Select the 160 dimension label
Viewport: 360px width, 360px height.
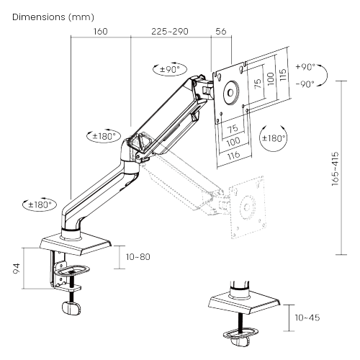point(100,32)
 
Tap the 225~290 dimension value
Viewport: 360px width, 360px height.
point(170,32)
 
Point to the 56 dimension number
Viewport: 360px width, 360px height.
point(220,32)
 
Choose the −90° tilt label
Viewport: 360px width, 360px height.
point(305,84)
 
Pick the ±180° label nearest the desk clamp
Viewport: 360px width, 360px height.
point(40,204)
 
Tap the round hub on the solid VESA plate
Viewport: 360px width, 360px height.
point(231,92)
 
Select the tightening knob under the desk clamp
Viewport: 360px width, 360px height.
point(70,307)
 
